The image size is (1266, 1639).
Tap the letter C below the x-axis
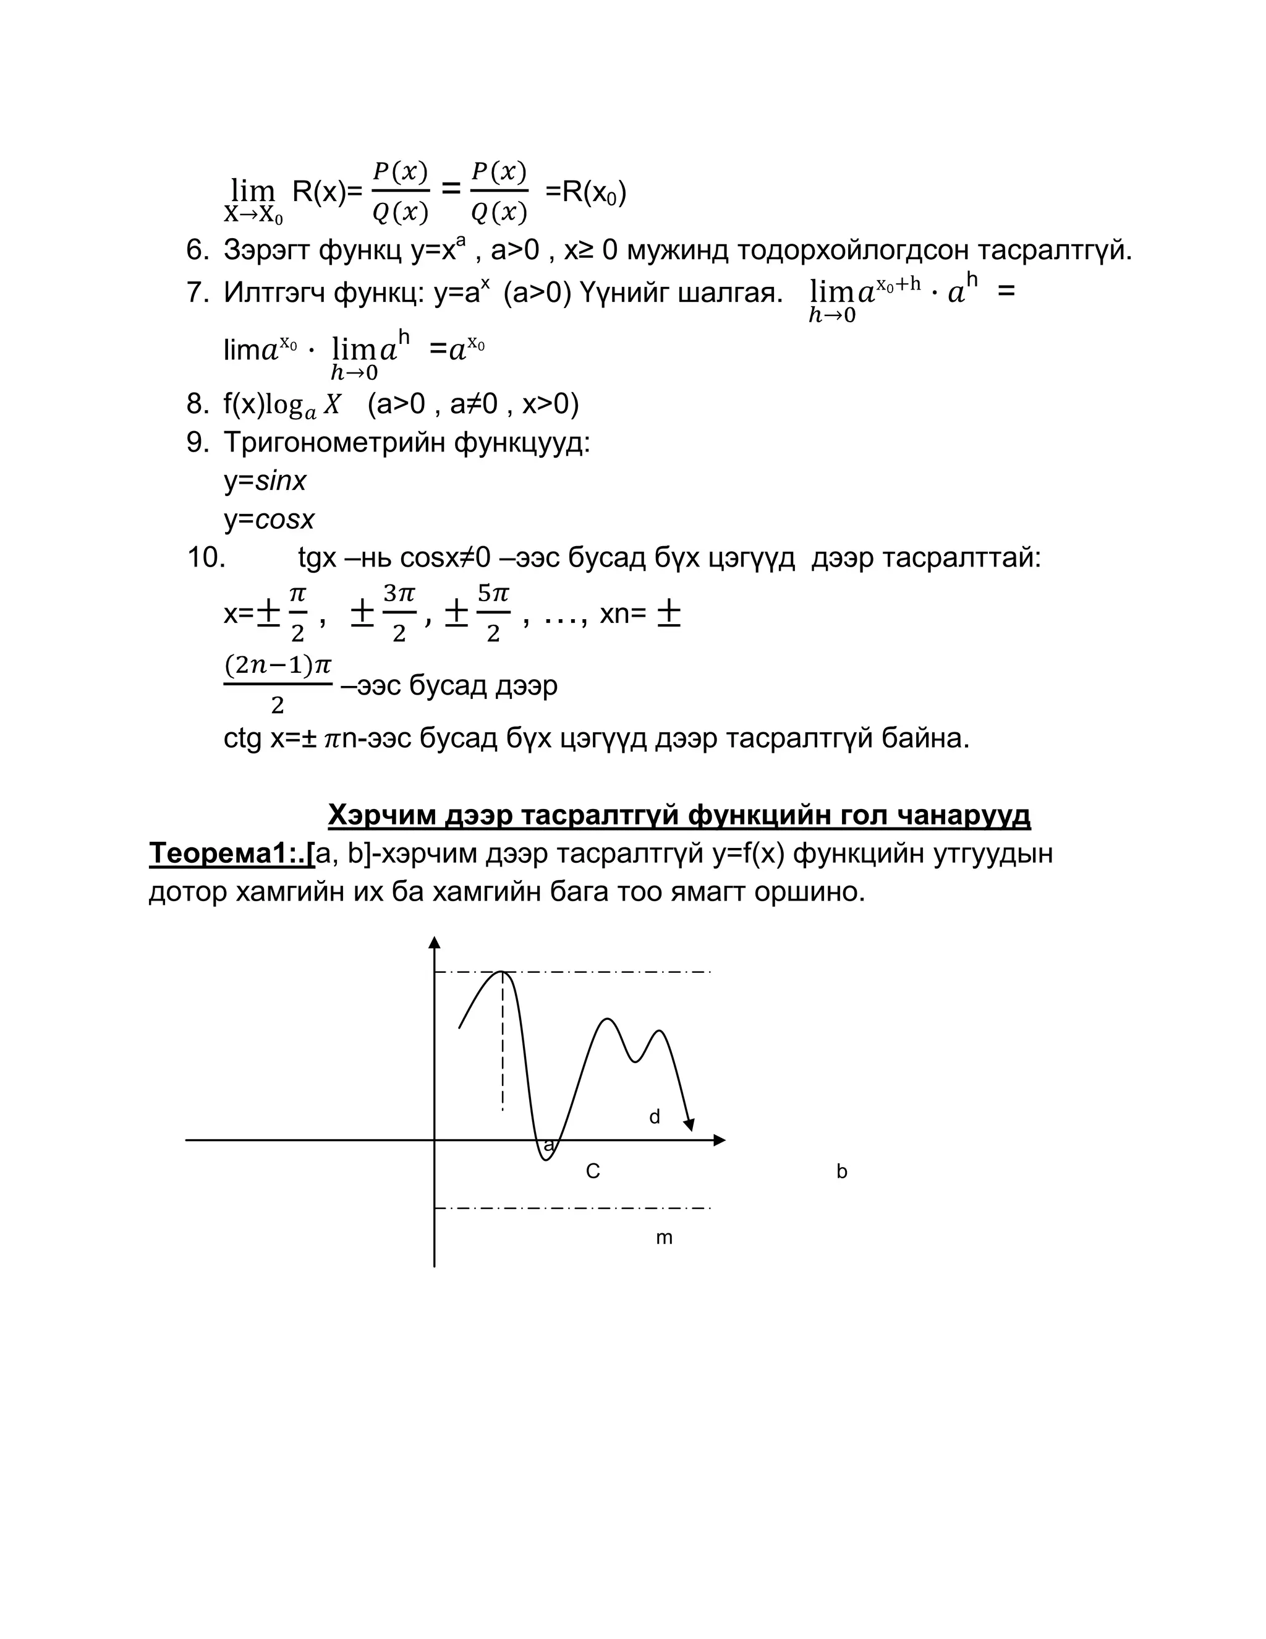[592, 1171]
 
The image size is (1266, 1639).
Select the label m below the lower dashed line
[664, 1238]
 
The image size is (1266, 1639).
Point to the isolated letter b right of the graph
[841, 1171]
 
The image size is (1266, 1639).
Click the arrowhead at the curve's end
[689, 1124]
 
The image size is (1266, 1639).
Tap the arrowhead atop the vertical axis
[434, 943]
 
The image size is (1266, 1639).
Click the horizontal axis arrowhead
[720, 1140]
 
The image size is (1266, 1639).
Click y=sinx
[265, 481]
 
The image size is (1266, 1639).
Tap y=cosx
[268, 520]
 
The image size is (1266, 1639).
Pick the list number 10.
[205, 558]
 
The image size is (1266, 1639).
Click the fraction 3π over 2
[399, 613]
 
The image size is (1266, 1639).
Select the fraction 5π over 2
[493, 613]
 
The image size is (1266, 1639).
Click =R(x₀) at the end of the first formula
[585, 193]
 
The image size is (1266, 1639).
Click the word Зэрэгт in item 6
[266, 250]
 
